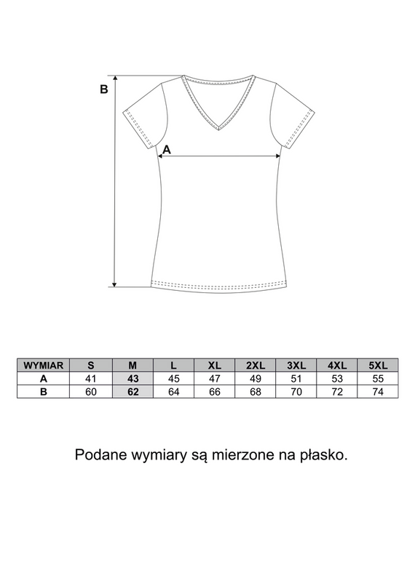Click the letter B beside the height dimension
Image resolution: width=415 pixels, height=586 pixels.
pos(103,90)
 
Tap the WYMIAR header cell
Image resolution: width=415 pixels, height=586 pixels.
pos(44,365)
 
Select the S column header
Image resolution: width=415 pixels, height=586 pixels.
pos(90,365)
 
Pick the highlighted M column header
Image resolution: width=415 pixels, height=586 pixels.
pos(132,365)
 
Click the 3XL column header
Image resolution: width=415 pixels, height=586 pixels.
pos(296,365)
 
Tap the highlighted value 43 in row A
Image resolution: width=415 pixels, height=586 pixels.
pos(132,379)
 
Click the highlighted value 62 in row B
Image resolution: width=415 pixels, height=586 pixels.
pos(132,392)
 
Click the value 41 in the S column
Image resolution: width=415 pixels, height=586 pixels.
pos(90,379)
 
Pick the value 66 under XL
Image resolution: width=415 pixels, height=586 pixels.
pos(214,392)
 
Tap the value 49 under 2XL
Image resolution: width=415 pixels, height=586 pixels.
pos(255,379)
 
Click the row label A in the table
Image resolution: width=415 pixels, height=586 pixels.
pos(44,379)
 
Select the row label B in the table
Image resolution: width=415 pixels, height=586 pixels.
pos(44,392)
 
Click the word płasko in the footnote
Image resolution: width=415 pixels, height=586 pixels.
pos(322,456)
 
